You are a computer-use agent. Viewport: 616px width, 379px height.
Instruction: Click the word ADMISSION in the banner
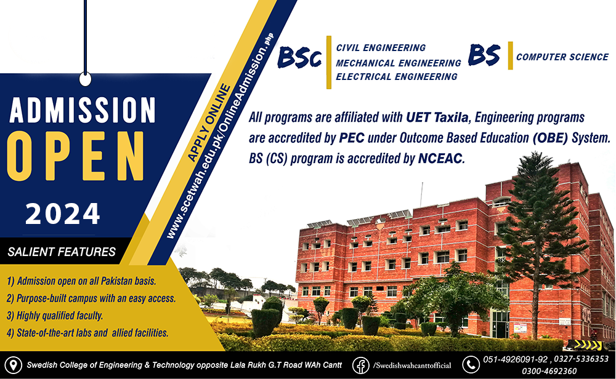(83, 110)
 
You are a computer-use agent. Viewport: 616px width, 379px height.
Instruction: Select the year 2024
(63, 214)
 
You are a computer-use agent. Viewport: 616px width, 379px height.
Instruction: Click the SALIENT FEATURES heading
(62, 252)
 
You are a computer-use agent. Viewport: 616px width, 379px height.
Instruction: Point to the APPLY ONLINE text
(209, 122)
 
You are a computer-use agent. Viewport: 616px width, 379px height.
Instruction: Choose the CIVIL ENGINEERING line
(381, 48)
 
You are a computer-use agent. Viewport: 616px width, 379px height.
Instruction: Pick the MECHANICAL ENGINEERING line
(399, 63)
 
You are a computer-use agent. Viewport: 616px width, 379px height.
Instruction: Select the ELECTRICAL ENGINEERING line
(396, 76)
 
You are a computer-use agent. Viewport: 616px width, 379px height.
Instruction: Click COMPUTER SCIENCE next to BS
(562, 57)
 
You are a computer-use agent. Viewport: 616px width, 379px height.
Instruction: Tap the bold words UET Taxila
(437, 118)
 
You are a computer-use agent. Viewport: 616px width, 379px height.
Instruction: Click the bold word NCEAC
(440, 159)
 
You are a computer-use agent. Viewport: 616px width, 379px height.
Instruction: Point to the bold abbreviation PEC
(352, 138)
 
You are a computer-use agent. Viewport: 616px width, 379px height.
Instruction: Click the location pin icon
(14, 365)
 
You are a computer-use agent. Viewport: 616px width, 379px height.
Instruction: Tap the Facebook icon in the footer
(360, 365)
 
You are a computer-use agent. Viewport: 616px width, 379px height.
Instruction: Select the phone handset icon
(471, 364)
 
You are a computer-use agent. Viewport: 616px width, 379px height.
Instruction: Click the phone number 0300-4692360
(549, 371)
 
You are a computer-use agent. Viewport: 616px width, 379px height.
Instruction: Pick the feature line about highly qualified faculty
(55, 316)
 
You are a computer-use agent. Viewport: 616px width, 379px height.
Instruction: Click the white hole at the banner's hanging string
(85, 79)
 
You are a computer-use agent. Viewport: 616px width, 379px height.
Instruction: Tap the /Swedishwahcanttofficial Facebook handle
(412, 365)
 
